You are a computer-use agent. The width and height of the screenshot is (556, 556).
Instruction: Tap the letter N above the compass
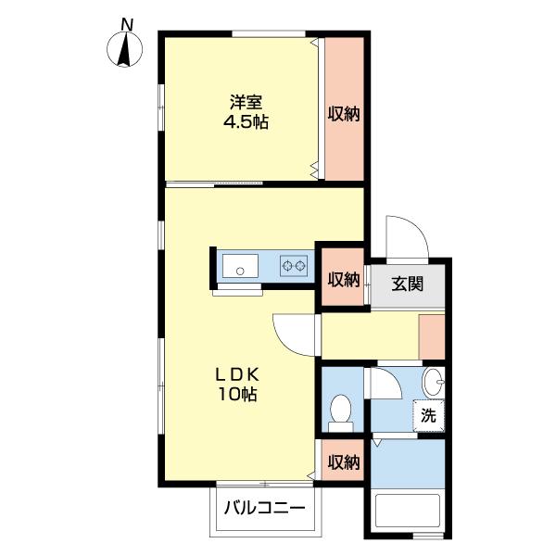[126, 23]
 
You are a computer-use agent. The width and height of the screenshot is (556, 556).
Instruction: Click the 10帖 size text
[239, 395]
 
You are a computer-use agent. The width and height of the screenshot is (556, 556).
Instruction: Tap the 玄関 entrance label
[407, 284]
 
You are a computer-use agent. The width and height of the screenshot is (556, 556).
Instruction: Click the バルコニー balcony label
[264, 508]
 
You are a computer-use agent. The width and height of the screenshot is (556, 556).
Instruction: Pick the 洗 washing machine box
[428, 415]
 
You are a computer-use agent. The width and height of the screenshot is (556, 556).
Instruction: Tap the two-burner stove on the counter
[294, 267]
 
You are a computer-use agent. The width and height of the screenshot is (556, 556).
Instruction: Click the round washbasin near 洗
[434, 382]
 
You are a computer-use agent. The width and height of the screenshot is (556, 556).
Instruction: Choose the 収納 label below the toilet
[343, 461]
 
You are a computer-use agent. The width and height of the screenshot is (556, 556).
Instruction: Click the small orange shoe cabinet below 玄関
[431, 336]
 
